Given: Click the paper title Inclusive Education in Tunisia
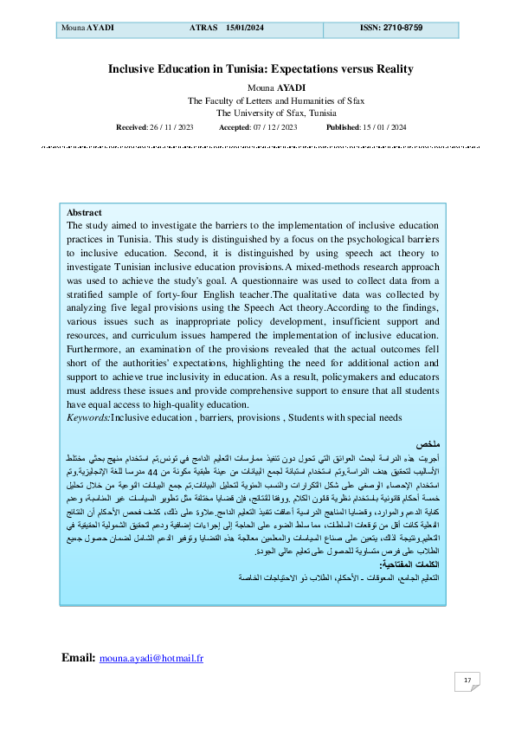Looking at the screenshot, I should (x=261, y=69).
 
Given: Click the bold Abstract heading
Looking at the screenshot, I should (x=84, y=212).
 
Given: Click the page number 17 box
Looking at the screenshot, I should (x=467, y=681).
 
